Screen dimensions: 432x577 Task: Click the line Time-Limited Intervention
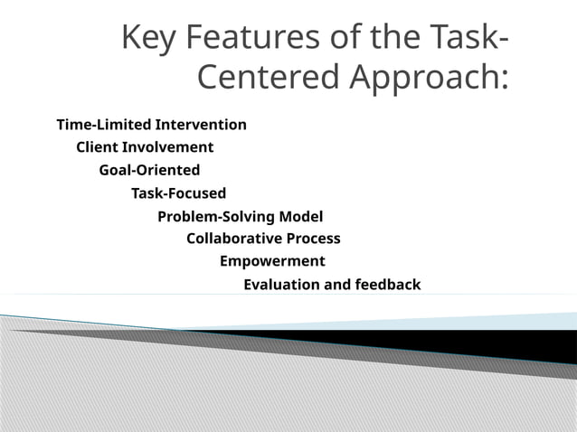click(151, 124)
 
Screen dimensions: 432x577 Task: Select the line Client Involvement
click(145, 146)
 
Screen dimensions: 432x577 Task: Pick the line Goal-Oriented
click(149, 170)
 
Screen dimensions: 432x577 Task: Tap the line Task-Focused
click(178, 193)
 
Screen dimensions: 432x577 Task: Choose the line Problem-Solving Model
click(240, 217)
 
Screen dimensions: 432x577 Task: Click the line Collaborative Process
click(263, 239)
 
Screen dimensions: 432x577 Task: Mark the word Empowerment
click(272, 261)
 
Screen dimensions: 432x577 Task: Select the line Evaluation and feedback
click(332, 285)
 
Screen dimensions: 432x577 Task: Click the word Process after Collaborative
click(313, 239)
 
